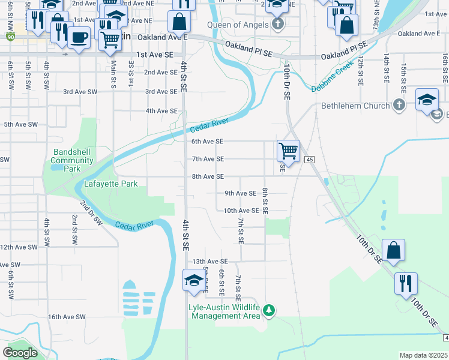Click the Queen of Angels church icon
[x=277, y=25]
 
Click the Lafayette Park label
[x=111, y=184]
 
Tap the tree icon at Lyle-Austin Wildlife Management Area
[x=270, y=310]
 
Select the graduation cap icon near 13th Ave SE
[x=194, y=280]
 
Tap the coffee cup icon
[x=78, y=38]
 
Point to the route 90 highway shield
[x=10, y=37]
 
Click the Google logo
[x=20, y=353]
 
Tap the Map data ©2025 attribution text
[x=423, y=355]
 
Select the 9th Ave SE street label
[x=241, y=193]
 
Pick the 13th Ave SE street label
[x=210, y=262]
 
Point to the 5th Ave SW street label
[x=17, y=125]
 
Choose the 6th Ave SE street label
[x=207, y=142]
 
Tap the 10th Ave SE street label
[x=241, y=211]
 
